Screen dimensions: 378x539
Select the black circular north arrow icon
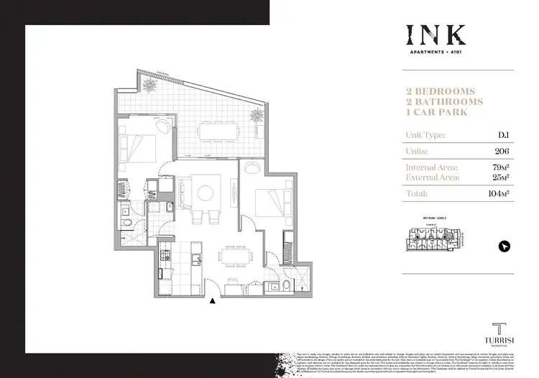(x=503, y=246)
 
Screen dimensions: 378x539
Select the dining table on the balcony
(x=218, y=130)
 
